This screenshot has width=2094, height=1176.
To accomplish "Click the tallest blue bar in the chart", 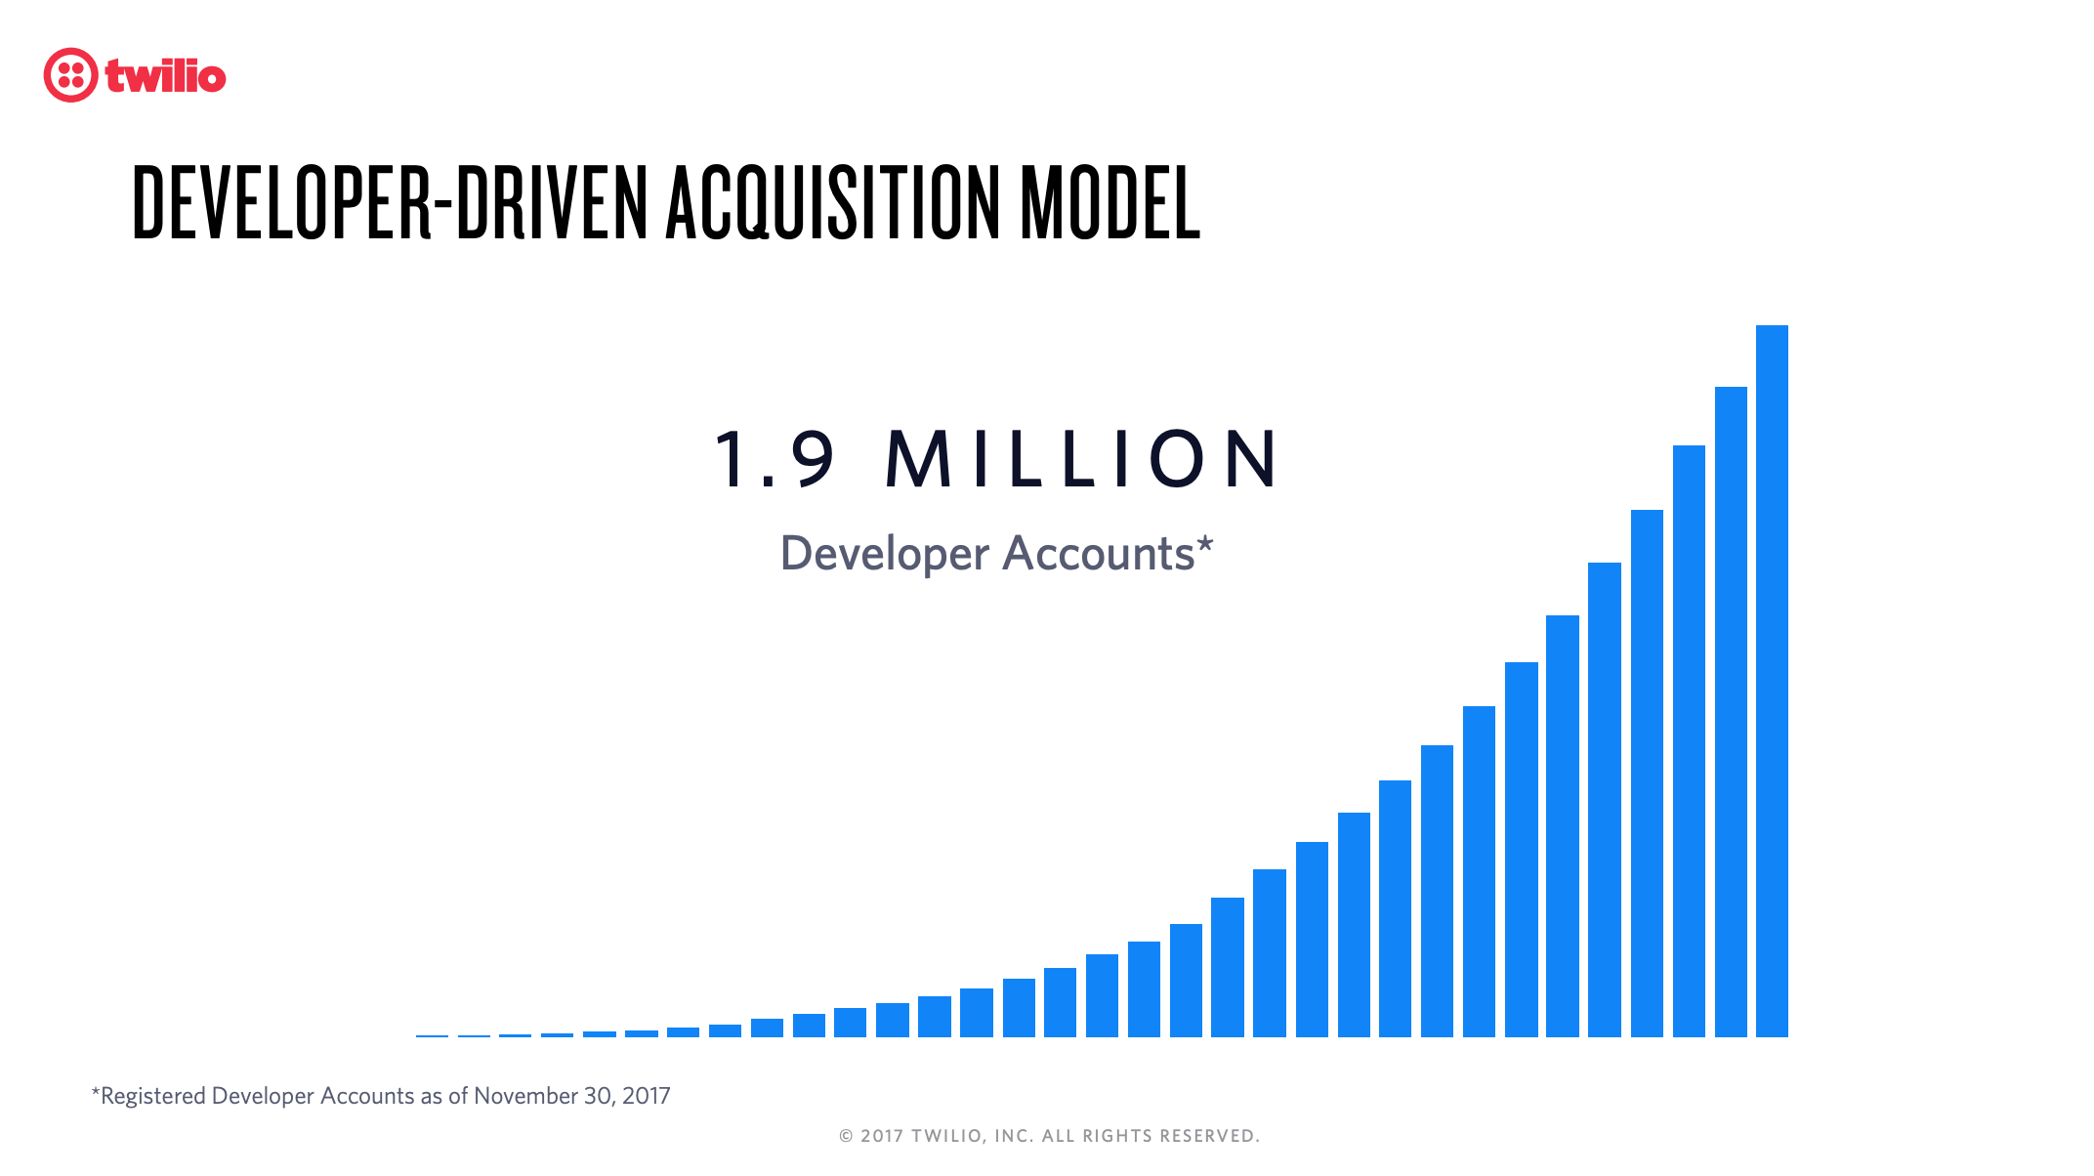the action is coord(1772,681).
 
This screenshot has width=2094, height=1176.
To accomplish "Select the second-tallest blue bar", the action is coord(1731,712).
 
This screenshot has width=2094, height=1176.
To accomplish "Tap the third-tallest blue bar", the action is coord(1689,741).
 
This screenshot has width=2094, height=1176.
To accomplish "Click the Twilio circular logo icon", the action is coord(70,75).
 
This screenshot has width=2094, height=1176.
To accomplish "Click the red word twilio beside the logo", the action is coord(166,76).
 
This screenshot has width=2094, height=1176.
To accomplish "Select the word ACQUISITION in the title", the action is coord(833,202).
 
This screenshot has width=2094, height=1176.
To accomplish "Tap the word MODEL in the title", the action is coord(1110,202).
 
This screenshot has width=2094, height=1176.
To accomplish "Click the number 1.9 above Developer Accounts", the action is coord(775,458).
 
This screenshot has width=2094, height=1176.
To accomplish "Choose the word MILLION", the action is coord(1081,458).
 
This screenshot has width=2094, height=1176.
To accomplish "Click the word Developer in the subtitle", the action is coord(885,555).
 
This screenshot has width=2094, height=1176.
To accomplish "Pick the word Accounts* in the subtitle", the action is coord(1109,553).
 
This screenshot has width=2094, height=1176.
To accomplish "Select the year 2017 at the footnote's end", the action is coord(647,1096).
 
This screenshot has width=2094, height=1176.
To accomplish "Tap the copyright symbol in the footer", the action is coord(846,1136).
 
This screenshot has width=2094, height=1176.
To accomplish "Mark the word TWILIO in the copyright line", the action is coord(948,1136).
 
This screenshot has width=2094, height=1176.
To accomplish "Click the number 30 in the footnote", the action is coord(598,1096).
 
